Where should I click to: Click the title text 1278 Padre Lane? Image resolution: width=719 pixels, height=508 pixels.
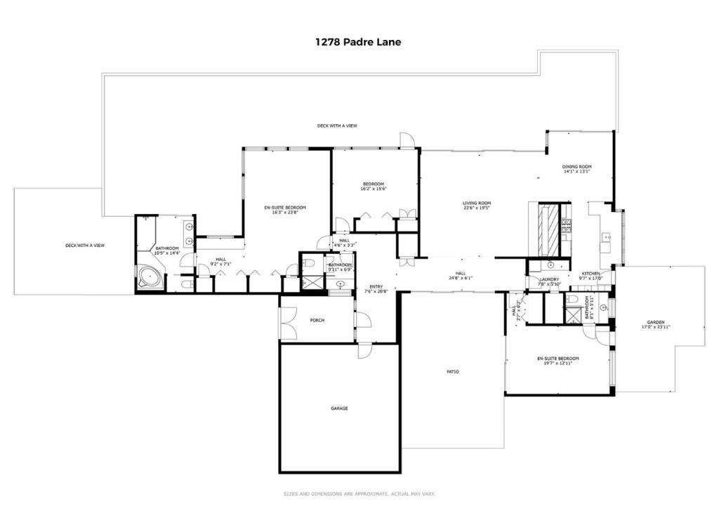[x=358, y=41]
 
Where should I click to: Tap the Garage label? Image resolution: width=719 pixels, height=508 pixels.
[x=339, y=408]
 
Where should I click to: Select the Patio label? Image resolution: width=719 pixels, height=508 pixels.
[x=453, y=372]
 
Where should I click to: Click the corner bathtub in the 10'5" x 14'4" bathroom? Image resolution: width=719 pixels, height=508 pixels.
[x=150, y=277]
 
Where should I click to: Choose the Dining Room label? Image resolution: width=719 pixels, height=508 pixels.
[x=576, y=166]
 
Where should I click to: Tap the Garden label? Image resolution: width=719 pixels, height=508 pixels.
[x=655, y=323]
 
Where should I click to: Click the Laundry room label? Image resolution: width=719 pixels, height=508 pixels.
[x=548, y=279]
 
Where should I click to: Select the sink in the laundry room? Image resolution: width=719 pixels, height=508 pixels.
[x=550, y=265]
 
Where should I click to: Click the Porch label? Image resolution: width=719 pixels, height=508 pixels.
[x=317, y=321]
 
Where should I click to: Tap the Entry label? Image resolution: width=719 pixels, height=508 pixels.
[x=376, y=286]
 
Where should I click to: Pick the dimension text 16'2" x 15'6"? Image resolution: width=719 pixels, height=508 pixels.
[x=374, y=189]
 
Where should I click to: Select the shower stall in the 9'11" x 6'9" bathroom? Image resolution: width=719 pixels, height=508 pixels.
[x=310, y=283]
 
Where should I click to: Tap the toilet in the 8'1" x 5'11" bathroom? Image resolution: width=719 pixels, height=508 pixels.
[x=573, y=300]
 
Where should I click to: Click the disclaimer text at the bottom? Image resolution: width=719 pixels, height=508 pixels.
[x=359, y=493]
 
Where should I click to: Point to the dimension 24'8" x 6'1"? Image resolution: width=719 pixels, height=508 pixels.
[x=461, y=278]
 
